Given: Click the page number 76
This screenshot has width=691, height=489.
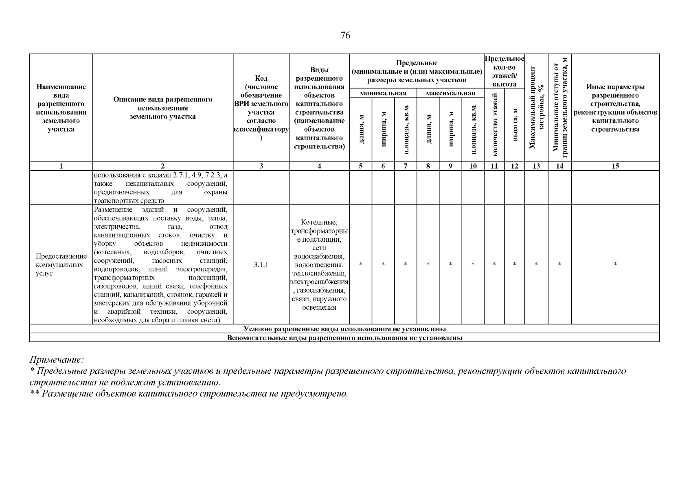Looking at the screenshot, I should [345, 35].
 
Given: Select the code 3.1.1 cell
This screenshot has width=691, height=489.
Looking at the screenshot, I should [261, 265].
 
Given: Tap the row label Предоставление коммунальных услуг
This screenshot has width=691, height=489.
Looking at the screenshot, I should [61, 265].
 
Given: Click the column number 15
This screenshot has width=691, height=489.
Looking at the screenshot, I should [615, 166].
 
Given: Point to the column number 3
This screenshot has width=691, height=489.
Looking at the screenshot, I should [261, 166].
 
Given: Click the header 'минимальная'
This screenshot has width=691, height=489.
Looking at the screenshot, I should [383, 93].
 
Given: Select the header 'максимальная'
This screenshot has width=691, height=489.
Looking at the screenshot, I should [450, 93].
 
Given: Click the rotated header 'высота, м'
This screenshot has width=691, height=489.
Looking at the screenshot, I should [515, 125].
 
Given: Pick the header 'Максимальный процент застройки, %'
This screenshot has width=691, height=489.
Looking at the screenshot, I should [536, 108].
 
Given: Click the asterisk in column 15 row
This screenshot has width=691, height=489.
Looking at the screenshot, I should [615, 265].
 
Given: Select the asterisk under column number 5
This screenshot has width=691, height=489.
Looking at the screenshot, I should [361, 265].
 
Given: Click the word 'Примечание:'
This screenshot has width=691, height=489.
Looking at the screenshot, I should [57, 360].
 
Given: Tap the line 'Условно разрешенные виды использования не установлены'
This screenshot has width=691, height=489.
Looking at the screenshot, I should [344, 329].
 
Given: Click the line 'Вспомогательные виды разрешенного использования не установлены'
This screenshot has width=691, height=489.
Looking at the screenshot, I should [344, 338].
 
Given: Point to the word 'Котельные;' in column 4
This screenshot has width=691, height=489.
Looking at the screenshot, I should [319, 222].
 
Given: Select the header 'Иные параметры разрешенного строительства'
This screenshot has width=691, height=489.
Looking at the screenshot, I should [615, 108].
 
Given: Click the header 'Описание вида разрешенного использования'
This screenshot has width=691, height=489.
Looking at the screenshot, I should [163, 108].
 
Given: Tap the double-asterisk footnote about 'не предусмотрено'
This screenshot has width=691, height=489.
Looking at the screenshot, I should [189, 394].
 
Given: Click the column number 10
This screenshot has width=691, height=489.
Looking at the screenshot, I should [473, 166].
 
